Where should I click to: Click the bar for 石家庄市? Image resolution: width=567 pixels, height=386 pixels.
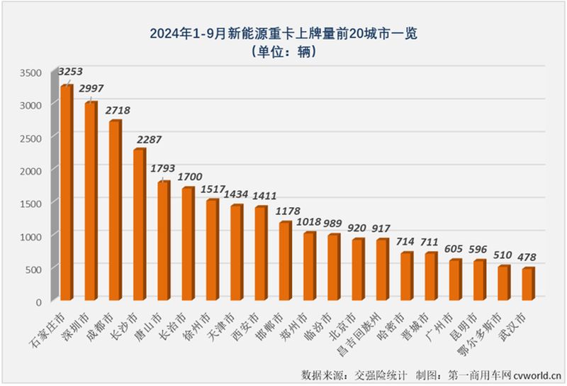coord(66,192)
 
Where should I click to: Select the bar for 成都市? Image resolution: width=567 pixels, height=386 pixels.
coord(115,210)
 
